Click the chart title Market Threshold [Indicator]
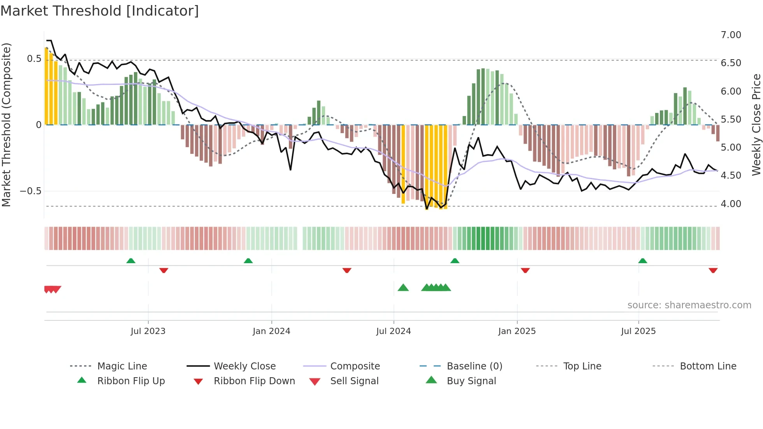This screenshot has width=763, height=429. point(100,11)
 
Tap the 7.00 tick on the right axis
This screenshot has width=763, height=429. point(731,35)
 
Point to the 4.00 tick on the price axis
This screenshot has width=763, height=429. point(731,204)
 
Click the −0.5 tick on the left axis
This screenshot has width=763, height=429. point(30,191)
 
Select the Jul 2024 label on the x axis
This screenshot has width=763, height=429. point(393,331)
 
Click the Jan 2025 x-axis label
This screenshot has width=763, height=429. point(517,331)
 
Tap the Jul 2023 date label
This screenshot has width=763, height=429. point(148,331)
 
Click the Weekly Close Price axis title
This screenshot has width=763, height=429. point(756,125)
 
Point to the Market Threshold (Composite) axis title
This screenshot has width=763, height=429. point(6,125)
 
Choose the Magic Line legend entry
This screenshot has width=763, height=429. point(122,366)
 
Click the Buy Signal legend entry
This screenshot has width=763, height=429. point(471,381)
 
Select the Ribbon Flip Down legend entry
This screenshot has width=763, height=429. point(254,381)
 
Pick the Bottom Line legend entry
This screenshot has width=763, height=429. point(708,366)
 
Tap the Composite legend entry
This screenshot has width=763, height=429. point(355,366)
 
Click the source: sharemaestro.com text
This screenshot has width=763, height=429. point(689,305)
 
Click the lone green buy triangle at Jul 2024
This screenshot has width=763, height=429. point(403,288)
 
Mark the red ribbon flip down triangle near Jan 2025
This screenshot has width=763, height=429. point(525,270)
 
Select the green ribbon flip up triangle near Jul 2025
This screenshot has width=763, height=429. point(642,261)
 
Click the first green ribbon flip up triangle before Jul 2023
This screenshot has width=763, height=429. point(131,261)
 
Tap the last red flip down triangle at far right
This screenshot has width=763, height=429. point(713,270)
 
